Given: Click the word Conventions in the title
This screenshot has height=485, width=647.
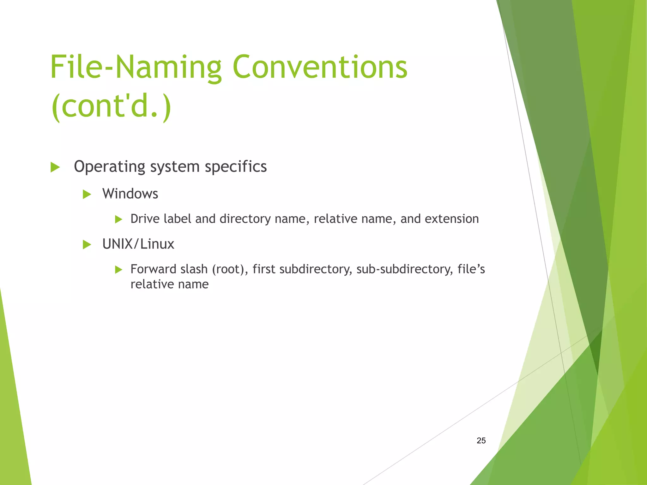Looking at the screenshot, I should [x=320, y=67].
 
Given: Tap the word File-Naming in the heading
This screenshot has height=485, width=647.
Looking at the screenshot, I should [x=136, y=67].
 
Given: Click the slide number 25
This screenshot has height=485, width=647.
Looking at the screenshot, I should [x=481, y=440].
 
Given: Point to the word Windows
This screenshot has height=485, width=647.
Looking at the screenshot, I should [x=130, y=194].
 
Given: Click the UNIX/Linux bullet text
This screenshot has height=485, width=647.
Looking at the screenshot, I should [x=138, y=244].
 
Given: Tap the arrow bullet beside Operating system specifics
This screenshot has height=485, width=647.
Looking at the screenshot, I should [x=55, y=167].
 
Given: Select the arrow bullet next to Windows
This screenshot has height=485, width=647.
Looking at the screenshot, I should [x=87, y=194].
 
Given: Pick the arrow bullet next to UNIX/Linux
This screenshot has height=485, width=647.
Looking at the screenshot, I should [x=87, y=244].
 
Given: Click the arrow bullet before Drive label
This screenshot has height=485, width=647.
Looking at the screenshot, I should [x=119, y=219].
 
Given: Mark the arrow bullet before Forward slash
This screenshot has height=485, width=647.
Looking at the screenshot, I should [x=119, y=270].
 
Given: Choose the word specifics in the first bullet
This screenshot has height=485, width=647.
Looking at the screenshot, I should [x=236, y=167].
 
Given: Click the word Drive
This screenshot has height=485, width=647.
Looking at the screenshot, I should [x=145, y=219].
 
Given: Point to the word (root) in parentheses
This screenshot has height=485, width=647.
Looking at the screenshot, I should [x=230, y=269].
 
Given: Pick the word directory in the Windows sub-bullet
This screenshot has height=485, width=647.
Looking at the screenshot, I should [x=245, y=219].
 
